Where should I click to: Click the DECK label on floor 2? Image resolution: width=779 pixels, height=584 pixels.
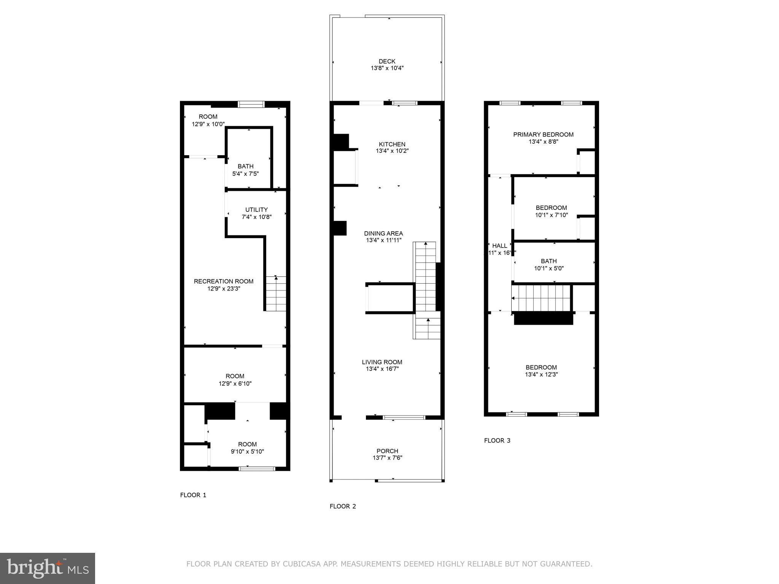[x=387, y=61]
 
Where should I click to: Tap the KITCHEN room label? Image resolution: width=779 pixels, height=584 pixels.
[x=392, y=144]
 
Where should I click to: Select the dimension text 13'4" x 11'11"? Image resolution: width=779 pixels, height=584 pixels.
[x=383, y=240]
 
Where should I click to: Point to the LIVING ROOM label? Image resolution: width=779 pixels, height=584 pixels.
[x=382, y=362]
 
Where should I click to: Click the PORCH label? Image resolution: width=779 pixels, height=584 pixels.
[x=387, y=451]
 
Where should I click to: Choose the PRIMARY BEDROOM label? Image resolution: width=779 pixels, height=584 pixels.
[x=543, y=135]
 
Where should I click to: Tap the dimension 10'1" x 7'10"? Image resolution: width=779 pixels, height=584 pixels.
[x=551, y=215]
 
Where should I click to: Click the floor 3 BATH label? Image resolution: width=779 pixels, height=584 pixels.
[x=548, y=261]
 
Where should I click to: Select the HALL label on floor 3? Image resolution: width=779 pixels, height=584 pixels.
[x=499, y=246]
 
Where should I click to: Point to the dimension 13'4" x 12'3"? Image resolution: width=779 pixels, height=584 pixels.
[x=541, y=375]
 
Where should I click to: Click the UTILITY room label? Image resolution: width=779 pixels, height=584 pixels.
[x=256, y=210]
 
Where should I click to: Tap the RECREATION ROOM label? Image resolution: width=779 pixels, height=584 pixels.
[x=224, y=281]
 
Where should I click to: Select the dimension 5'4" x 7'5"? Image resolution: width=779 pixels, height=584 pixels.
[x=245, y=174]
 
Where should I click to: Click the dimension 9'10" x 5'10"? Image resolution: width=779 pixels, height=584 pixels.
[x=247, y=452]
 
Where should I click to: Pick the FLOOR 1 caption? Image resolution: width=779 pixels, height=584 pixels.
[x=193, y=495]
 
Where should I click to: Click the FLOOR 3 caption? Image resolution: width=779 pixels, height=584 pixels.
[x=497, y=441]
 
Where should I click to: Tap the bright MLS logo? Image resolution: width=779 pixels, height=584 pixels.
[x=48, y=568]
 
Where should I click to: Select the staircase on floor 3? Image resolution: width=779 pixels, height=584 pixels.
[x=542, y=298]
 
